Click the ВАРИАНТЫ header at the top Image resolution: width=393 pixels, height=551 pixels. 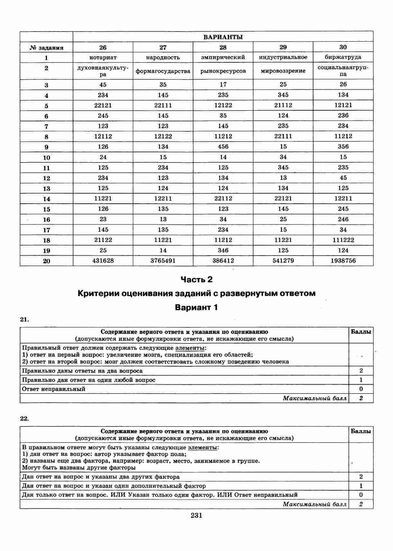(223, 37)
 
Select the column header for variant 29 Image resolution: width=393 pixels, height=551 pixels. (283, 47)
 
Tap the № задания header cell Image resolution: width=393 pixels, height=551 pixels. (46, 48)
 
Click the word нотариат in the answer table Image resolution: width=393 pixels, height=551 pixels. (103, 58)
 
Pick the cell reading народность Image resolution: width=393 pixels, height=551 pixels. (163, 58)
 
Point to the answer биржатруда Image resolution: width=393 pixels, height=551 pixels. (343, 57)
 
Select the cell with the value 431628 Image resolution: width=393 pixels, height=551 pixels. (103, 261)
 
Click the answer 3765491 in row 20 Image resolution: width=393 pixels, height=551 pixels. (163, 261)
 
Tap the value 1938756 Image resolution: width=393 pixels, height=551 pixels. (343, 261)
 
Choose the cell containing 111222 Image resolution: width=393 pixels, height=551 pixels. (343, 240)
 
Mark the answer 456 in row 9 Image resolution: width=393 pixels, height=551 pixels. (223, 147)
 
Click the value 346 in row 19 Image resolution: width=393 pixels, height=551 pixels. (223, 250)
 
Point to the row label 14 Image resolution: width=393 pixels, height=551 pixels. (46, 199)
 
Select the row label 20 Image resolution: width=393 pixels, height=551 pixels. (46, 261)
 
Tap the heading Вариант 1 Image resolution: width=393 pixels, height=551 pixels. (197, 307)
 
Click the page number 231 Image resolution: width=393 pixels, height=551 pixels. (197, 516)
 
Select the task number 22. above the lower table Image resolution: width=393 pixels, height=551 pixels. (24, 418)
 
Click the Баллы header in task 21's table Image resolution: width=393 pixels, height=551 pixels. (361, 332)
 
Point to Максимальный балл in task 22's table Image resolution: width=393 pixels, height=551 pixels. (315, 504)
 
